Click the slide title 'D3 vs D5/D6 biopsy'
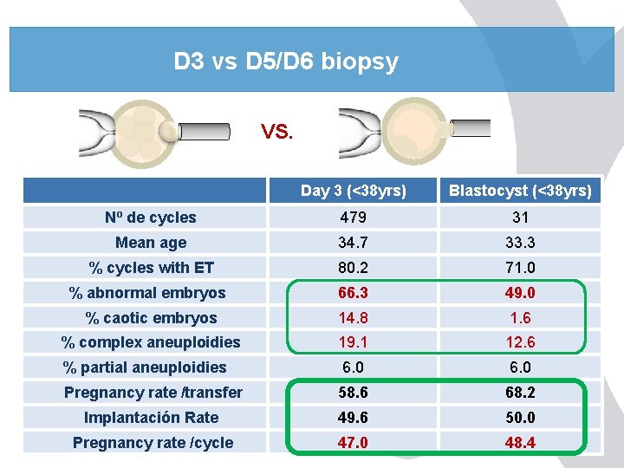[286, 62]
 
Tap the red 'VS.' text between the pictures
[277, 133]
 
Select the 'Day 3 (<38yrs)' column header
[354, 191]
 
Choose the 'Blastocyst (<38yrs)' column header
[520, 191]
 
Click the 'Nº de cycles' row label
[151, 218]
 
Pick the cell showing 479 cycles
[354, 218]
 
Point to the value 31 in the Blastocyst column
[520, 218]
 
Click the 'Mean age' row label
[151, 243]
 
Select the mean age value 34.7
[354, 243]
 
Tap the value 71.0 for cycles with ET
[520, 268]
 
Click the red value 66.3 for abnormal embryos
[354, 293]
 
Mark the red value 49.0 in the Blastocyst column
[520, 293]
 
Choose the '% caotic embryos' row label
[151, 318]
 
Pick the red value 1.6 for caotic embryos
[520, 318]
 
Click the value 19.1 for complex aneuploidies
[354, 342]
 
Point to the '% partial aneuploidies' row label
[145, 367]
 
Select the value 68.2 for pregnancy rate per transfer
[520, 393]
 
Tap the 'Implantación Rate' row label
[151, 418]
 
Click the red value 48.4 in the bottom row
[520, 443]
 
